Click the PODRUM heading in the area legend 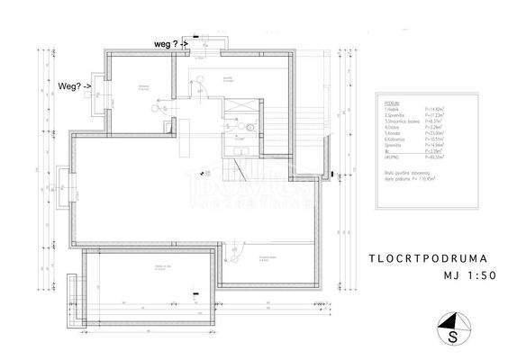[x=391, y=103]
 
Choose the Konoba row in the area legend [x=401, y=131]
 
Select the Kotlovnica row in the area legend [x=401, y=137]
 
